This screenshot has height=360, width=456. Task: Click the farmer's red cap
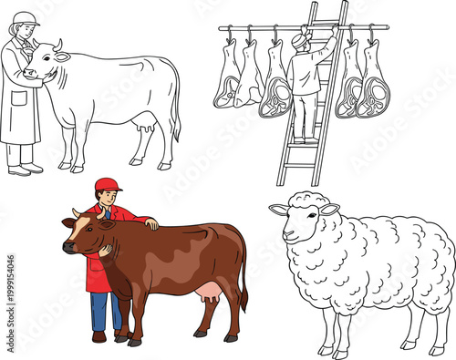point(107,184)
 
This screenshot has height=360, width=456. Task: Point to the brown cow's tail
point(244,278)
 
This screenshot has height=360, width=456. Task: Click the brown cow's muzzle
point(69,246)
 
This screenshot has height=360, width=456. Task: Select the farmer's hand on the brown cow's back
point(151,223)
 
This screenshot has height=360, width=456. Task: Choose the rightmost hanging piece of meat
point(372,84)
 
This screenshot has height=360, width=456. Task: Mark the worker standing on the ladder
point(305,87)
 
